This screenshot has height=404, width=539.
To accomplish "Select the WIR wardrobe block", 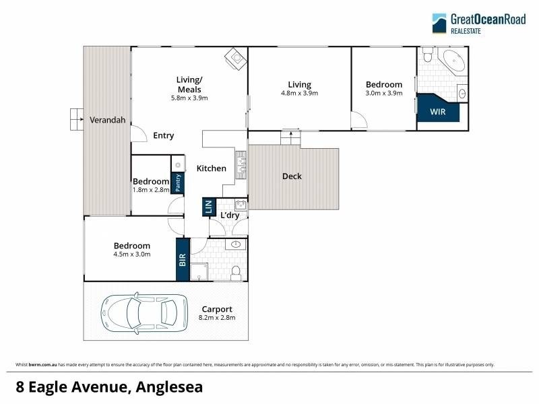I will pyautogui.click(x=438, y=112).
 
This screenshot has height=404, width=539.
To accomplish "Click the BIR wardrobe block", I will pyautogui.click(x=183, y=260).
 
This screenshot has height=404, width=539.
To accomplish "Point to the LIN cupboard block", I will pyautogui.click(x=208, y=207).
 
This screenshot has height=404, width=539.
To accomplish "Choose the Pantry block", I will pyautogui.click(x=178, y=183).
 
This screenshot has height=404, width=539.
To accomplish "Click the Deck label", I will pyautogui.click(x=292, y=176).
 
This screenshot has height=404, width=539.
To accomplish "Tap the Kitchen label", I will pyautogui.click(x=211, y=168).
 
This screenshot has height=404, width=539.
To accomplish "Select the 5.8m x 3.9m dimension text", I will pyautogui.click(x=189, y=98).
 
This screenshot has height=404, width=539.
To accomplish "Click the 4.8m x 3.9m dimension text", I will pyautogui.click(x=300, y=94).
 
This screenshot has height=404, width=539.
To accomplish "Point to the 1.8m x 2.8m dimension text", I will pyautogui.click(x=150, y=190).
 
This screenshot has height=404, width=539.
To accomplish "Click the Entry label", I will pyautogui.click(x=163, y=135).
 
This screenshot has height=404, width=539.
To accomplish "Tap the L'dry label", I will pyautogui.click(x=230, y=215).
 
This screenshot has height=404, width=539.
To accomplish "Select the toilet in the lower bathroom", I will pyautogui.click(x=236, y=272).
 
